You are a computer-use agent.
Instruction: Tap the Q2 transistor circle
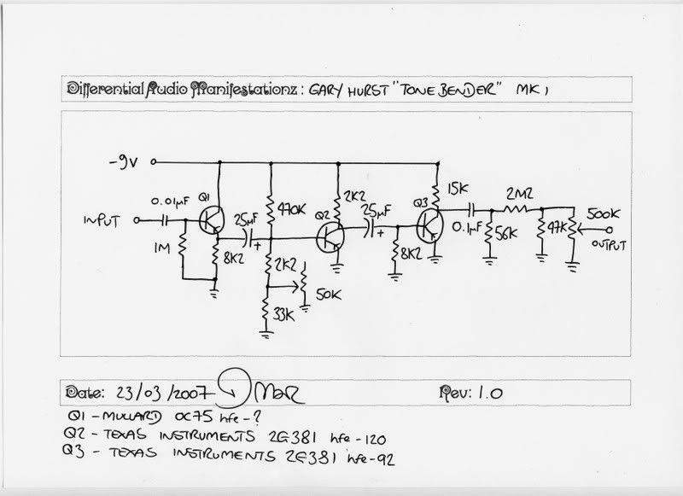(329, 236)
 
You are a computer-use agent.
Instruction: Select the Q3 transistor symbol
(431, 227)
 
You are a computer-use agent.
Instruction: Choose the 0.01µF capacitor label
(171, 200)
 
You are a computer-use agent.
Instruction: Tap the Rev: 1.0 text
(469, 393)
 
